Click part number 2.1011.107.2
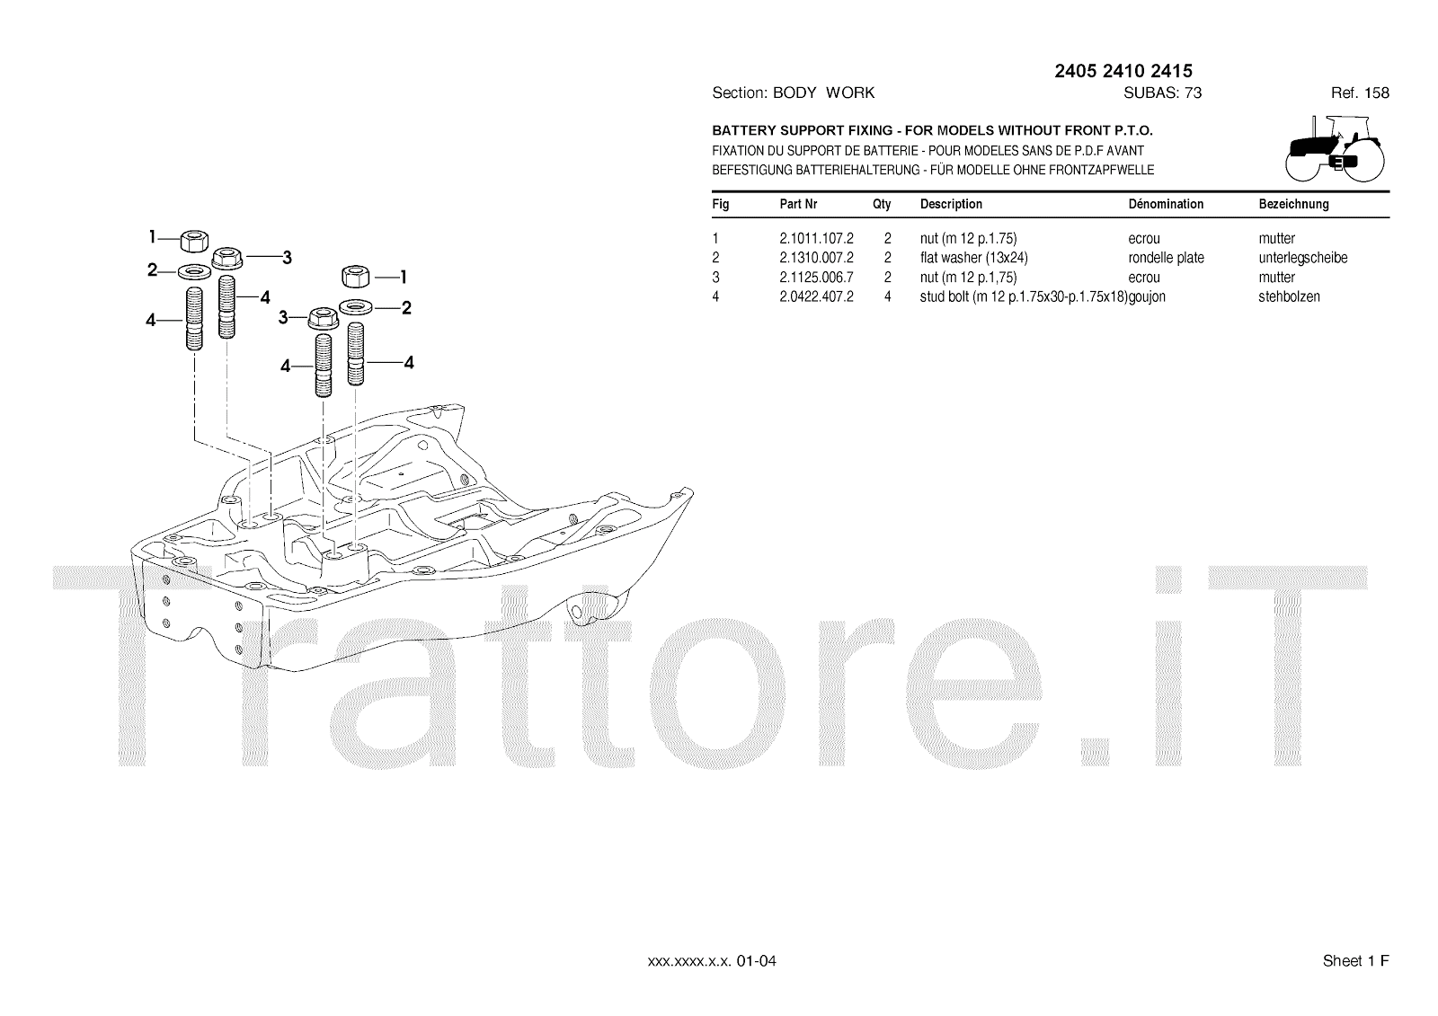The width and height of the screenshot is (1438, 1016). click(x=816, y=239)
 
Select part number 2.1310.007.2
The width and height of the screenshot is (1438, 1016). click(x=816, y=258)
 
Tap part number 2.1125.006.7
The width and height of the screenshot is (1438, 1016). click(x=816, y=278)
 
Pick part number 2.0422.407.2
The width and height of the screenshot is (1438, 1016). click(x=816, y=296)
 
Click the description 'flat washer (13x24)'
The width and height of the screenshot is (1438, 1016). click(x=973, y=258)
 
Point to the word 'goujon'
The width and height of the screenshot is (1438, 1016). click(x=1147, y=296)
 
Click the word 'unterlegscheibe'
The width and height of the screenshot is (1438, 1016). click(x=1302, y=258)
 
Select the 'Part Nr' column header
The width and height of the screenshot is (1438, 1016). click(x=798, y=204)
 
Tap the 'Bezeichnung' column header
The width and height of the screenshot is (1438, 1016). click(x=1293, y=204)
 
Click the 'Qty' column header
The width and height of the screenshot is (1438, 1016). click(x=882, y=204)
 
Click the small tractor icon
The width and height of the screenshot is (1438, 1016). click(x=1336, y=149)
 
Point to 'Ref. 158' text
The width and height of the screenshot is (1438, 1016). click(x=1360, y=93)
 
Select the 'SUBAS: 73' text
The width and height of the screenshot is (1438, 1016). click(x=1162, y=93)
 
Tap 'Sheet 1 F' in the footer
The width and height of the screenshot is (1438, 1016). click(x=1355, y=961)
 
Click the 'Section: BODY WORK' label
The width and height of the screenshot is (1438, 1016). click(x=793, y=93)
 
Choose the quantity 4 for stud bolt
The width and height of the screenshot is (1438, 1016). click(x=887, y=296)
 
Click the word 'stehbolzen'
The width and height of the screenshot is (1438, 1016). click(x=1289, y=296)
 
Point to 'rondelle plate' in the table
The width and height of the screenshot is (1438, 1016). click(x=1166, y=258)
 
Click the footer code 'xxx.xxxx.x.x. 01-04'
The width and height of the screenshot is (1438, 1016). click(x=712, y=961)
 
